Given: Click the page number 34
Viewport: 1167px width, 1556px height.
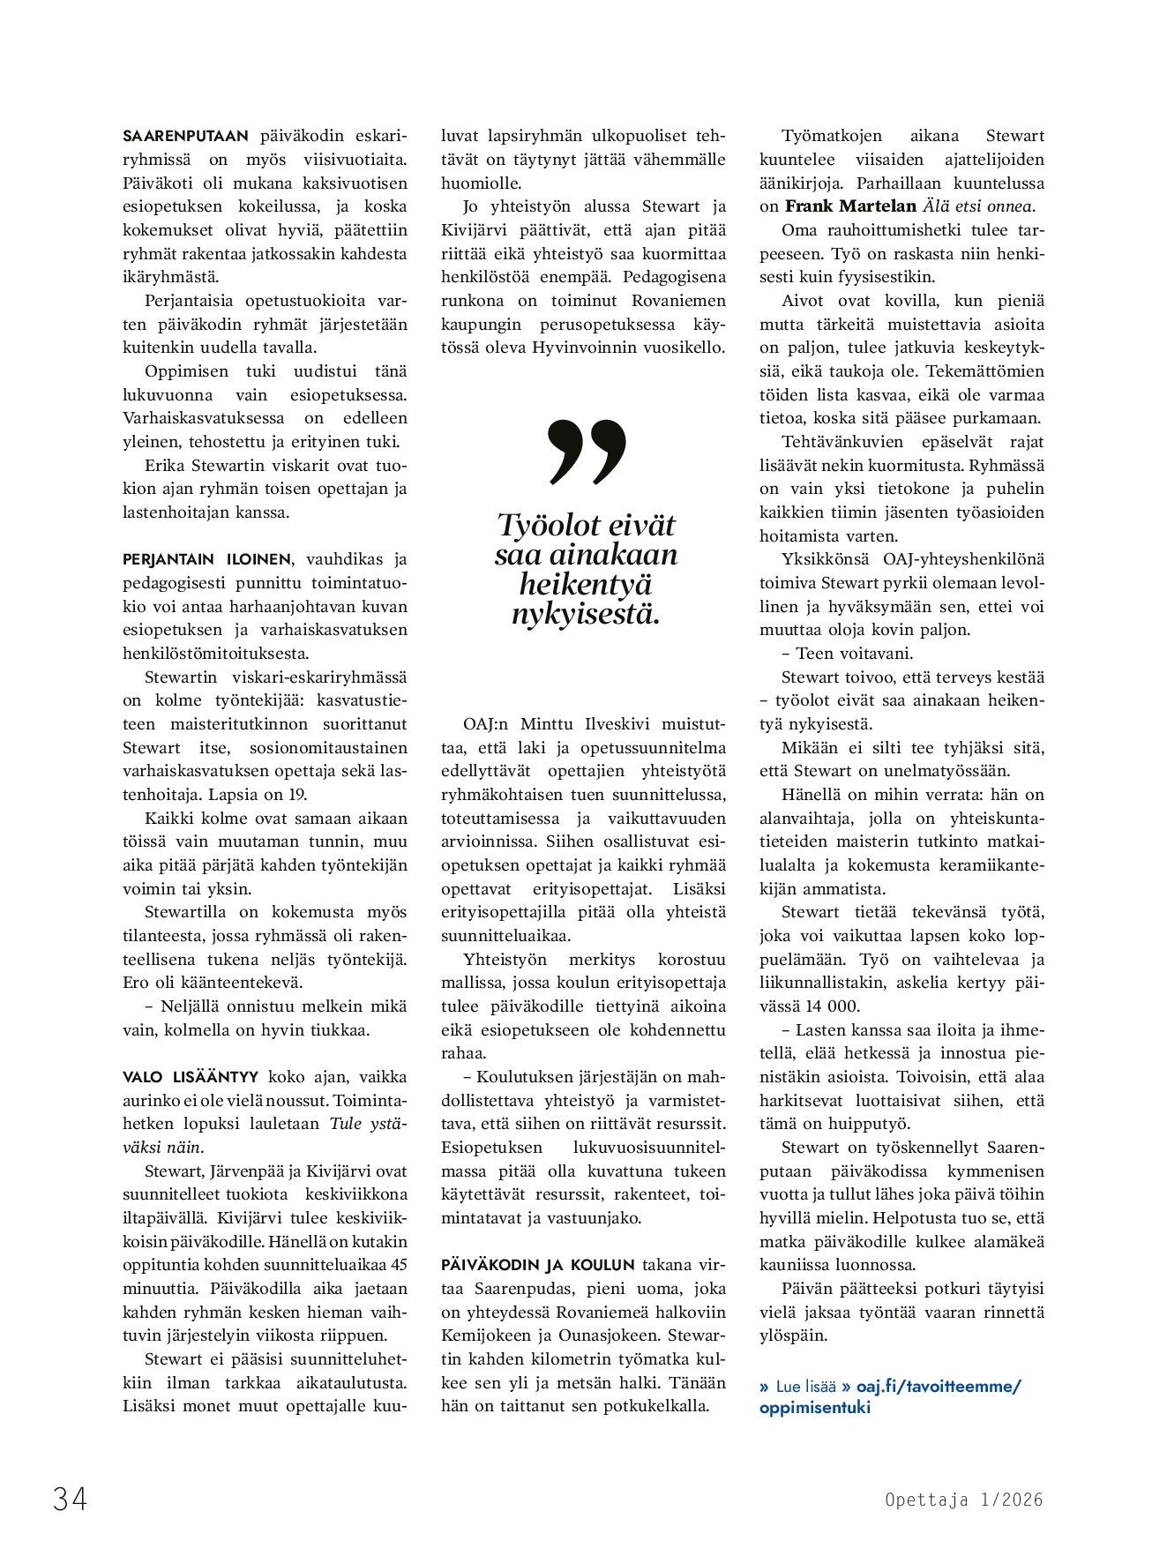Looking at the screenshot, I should pos(70,1499).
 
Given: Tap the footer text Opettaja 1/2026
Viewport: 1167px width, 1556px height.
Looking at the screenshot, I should pos(963,1500).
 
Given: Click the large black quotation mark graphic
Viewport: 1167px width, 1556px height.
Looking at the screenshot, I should pos(587,453).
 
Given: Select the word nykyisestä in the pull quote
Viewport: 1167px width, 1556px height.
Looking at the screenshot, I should pos(586,614).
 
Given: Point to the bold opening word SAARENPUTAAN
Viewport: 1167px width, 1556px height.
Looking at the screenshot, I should pos(185,136).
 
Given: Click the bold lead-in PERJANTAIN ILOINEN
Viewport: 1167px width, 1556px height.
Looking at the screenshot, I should pos(206,559).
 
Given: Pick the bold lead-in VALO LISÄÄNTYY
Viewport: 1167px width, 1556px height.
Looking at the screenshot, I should pos(191,1077).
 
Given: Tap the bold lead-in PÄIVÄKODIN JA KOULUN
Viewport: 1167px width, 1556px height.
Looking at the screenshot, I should pos(538,1265).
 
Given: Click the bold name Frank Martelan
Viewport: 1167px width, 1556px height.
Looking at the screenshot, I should pos(850,206).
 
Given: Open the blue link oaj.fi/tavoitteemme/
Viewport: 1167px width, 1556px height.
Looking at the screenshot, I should pos(939,1386).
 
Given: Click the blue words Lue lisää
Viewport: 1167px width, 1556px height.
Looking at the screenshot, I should pos(805,1387).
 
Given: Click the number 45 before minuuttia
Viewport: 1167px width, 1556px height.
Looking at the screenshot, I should pos(398,1265).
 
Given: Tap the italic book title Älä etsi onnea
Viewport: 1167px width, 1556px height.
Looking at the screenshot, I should pos(978,206).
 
